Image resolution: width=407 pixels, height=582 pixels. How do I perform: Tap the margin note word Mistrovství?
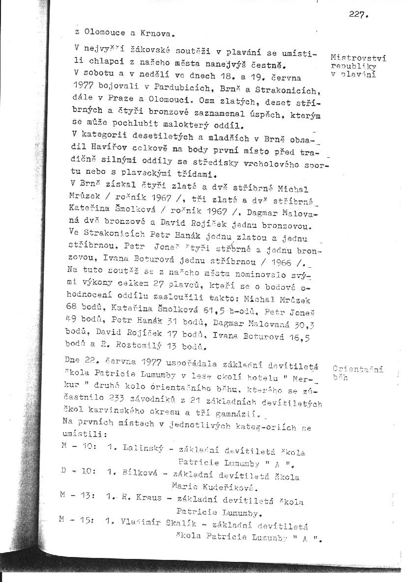(x=358, y=57)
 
